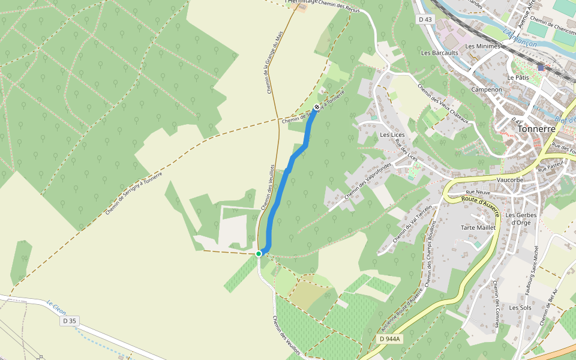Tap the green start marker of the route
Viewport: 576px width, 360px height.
point(259,254)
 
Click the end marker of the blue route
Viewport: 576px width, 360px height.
point(316,107)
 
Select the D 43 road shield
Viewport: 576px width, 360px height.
point(425,20)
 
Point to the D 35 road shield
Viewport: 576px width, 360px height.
point(69,321)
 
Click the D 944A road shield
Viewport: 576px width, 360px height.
point(390,339)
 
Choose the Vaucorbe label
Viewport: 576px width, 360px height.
point(511,179)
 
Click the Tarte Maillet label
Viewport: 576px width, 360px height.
point(478,227)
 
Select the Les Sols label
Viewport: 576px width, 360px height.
point(520,308)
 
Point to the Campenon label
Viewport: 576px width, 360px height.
point(487,89)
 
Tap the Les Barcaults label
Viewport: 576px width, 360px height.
point(439,53)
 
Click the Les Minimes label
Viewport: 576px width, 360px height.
point(482,46)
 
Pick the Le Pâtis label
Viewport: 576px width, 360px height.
point(518,77)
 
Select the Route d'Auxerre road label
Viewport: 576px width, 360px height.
point(481,204)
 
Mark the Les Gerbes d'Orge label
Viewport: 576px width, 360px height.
point(519,218)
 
